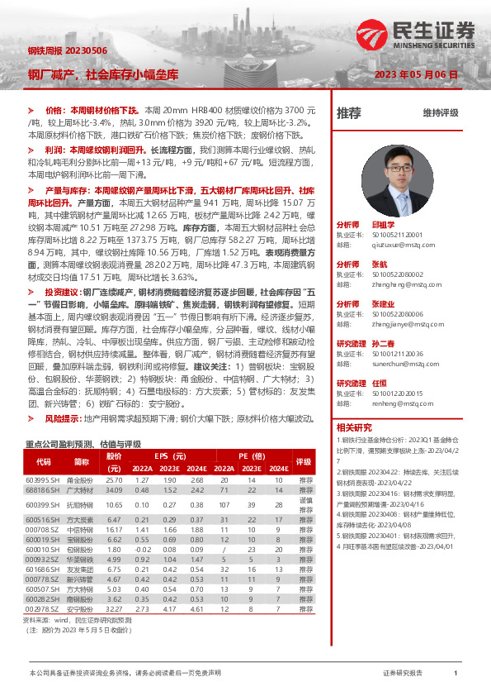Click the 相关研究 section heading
(x=355, y=427)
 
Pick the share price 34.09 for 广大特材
(x=114, y=490)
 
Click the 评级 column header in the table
(x=305, y=462)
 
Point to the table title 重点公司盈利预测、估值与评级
(x=84, y=443)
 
